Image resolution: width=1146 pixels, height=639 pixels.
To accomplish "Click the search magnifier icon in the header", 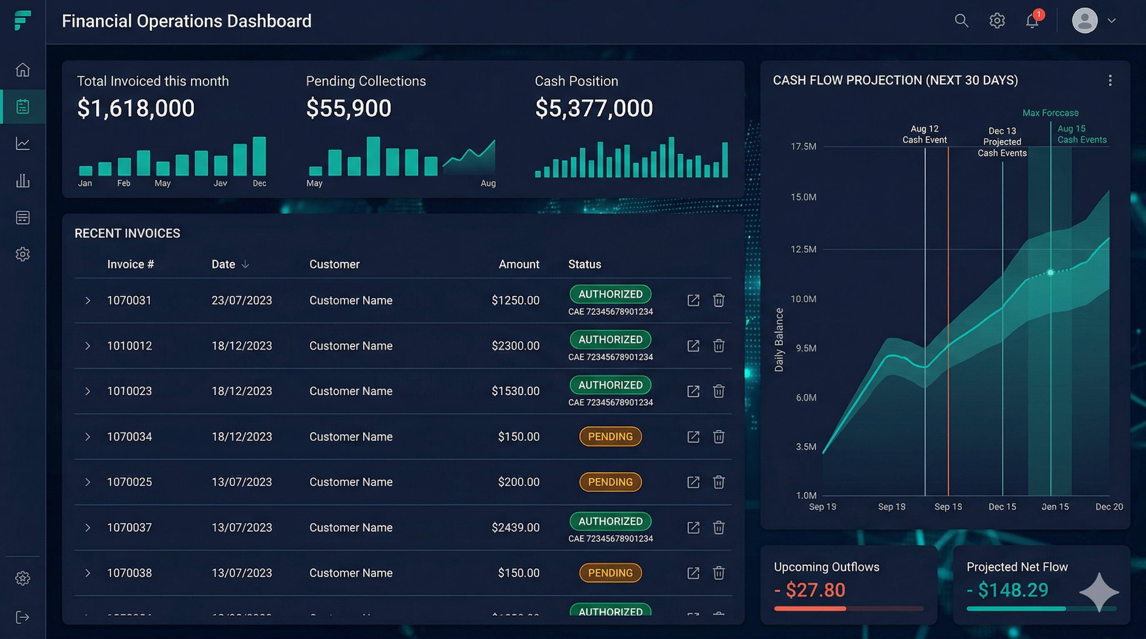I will (x=962, y=20).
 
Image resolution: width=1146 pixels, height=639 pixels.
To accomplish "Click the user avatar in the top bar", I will (x=1085, y=20).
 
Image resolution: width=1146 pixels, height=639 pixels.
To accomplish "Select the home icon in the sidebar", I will (x=22, y=70).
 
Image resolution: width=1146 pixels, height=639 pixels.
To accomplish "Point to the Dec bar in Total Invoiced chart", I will (x=259, y=156).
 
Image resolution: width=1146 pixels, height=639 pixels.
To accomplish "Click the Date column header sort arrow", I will (x=245, y=265).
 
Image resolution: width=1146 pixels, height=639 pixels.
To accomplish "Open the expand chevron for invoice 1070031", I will (x=87, y=300).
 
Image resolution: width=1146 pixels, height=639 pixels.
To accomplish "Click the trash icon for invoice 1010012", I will (x=718, y=346).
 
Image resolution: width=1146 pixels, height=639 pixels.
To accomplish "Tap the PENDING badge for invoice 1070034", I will (x=610, y=436).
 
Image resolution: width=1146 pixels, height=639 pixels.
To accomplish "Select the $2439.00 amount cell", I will (x=515, y=528).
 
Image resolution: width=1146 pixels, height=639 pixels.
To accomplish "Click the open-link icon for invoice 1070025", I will (x=693, y=482).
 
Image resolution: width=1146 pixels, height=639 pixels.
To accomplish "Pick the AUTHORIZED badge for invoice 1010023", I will (x=610, y=385).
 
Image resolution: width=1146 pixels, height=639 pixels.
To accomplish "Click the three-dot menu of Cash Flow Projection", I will (x=1110, y=80).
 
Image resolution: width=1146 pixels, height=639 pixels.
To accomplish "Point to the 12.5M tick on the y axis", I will (x=803, y=249).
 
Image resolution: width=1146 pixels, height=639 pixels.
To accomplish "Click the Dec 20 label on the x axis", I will (x=1109, y=507).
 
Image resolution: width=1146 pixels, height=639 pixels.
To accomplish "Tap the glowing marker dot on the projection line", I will (x=1050, y=272).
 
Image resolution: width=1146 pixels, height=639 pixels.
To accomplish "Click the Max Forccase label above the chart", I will (x=1050, y=113).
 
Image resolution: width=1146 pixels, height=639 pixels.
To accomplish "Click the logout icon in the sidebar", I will (x=22, y=617).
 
